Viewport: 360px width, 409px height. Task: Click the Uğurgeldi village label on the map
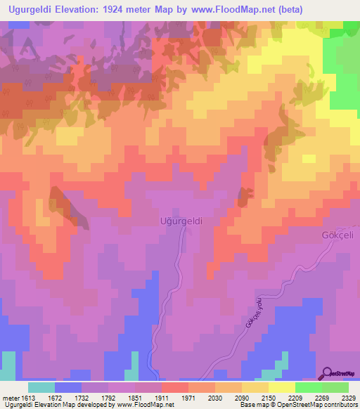click(181, 220)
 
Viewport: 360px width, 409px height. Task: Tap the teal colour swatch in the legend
click(41, 387)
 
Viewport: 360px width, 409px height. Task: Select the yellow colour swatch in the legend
click(282, 387)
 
